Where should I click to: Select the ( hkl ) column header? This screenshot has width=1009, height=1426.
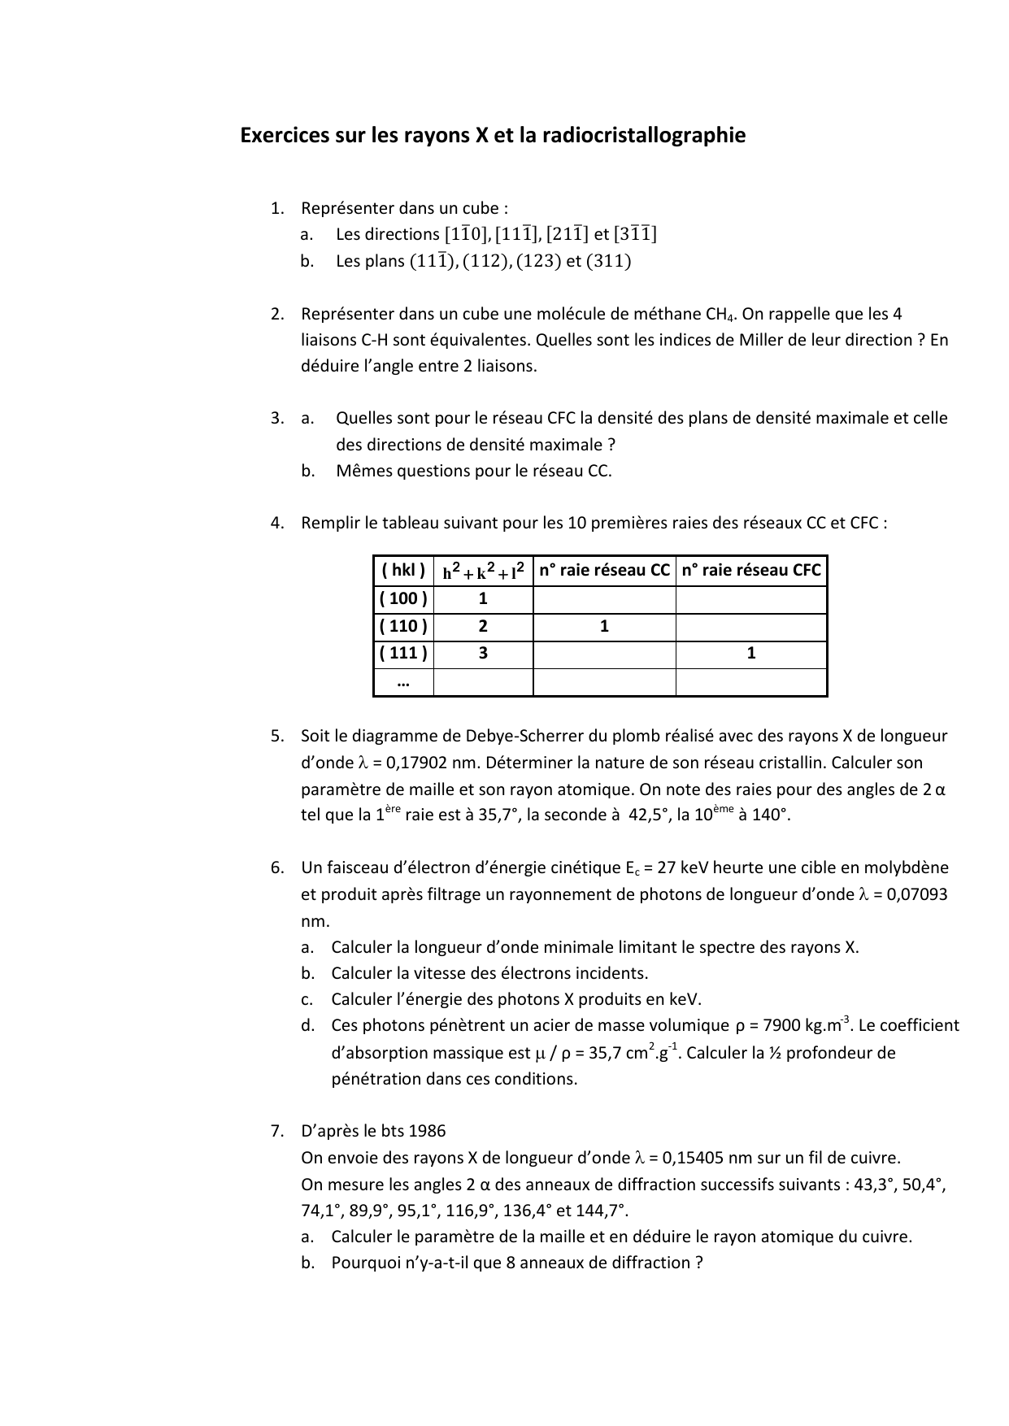tap(403, 571)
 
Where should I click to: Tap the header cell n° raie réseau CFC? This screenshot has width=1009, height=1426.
tap(751, 571)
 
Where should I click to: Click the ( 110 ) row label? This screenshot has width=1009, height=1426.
tap(403, 626)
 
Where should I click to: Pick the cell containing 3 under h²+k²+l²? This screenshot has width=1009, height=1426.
tap(483, 653)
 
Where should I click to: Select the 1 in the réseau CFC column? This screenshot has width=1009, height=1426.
tap(751, 653)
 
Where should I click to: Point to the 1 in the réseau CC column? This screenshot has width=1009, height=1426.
tap(604, 626)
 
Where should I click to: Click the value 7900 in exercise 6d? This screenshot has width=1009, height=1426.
tap(781, 1025)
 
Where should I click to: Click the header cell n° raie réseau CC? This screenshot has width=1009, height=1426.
tap(604, 571)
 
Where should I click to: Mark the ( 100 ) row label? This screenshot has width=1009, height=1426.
tap(403, 599)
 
